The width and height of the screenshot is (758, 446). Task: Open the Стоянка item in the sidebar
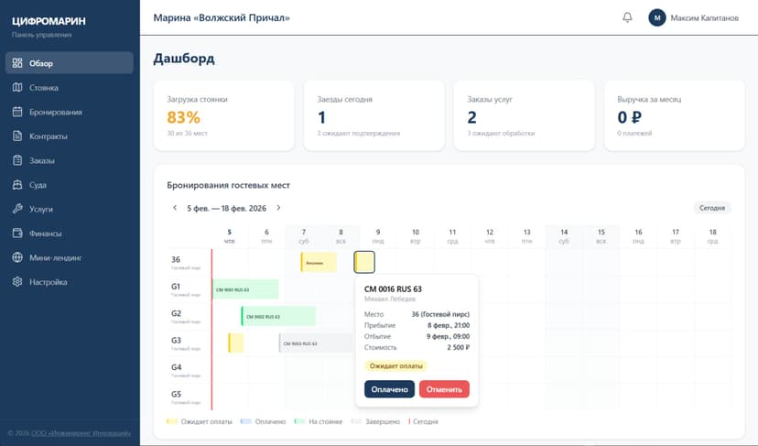[x=44, y=88]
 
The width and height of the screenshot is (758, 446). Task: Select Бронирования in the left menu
[x=55, y=112]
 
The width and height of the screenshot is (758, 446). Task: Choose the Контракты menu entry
[x=48, y=136]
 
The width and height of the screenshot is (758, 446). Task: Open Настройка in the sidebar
[x=49, y=282]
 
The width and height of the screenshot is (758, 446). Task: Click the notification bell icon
[x=627, y=17]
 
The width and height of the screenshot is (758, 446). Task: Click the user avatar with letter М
[x=656, y=17]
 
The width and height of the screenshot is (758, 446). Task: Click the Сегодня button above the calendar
[x=711, y=208]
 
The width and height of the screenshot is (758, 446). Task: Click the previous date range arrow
[x=174, y=208]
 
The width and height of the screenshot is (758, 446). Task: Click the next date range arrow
[x=278, y=208]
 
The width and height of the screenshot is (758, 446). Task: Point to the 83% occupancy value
[x=183, y=117]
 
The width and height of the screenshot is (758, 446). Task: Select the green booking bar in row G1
[x=244, y=289]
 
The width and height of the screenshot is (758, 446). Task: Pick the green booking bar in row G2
[x=278, y=316]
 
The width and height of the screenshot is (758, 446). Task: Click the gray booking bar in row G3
[x=315, y=343]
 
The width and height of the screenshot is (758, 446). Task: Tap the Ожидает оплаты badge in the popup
[x=395, y=365]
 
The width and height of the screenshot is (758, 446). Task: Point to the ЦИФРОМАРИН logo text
[x=48, y=21]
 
